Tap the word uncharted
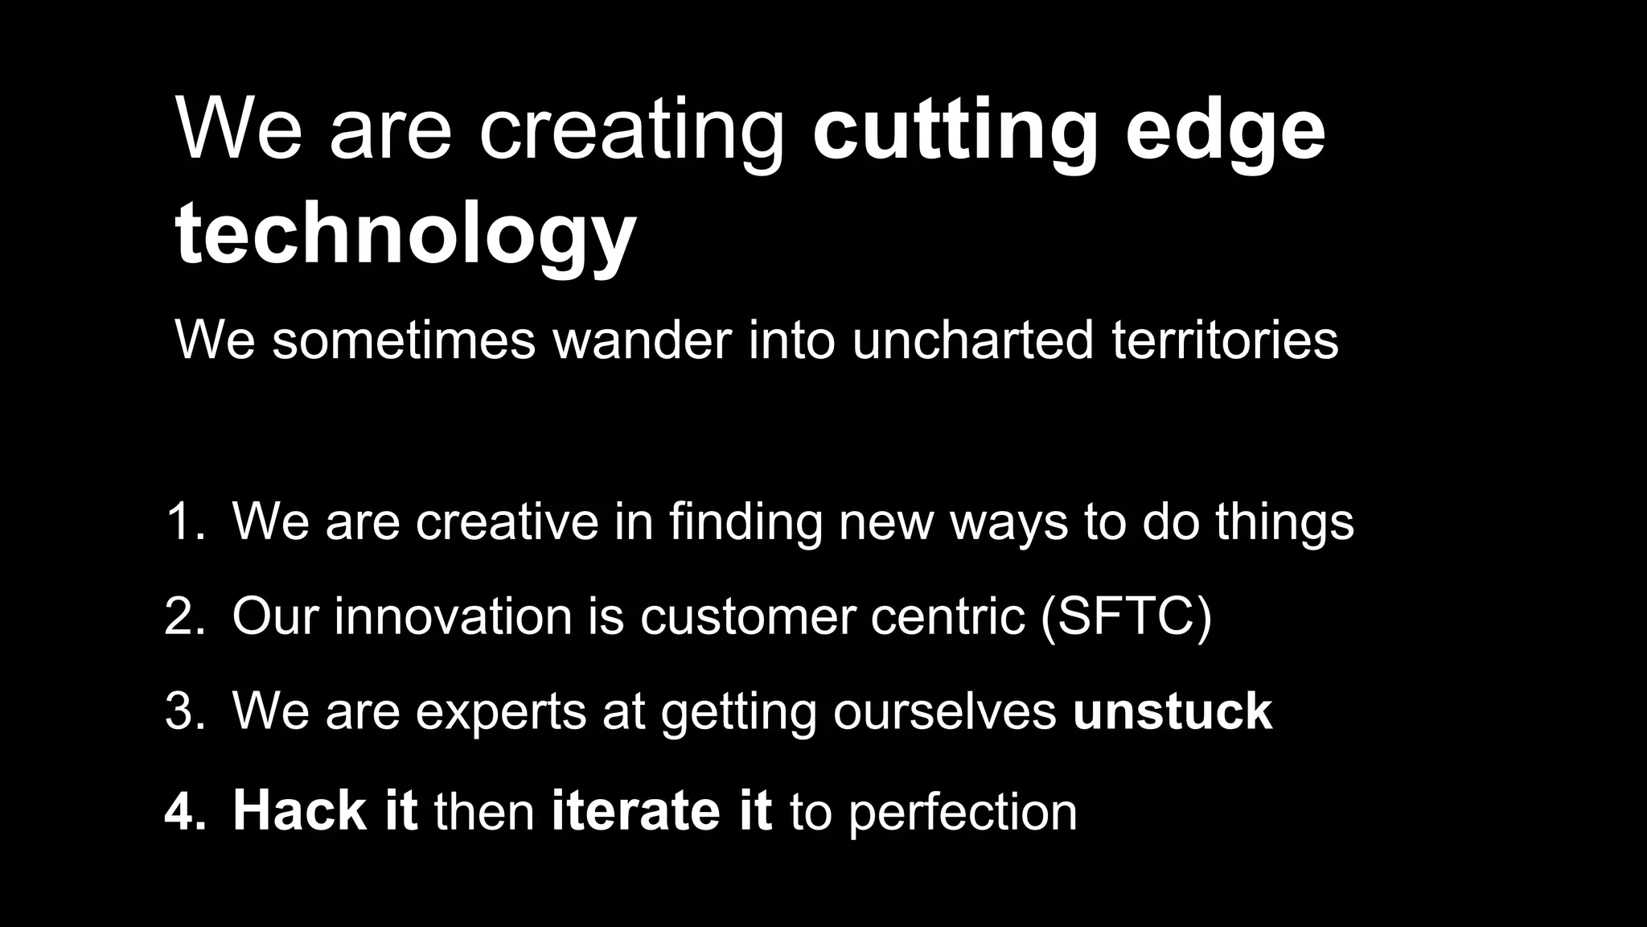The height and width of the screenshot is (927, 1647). pos(972,340)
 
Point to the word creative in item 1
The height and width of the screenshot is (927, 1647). pos(507,521)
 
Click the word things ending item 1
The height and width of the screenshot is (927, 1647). pos(1284,521)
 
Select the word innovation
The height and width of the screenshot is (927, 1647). pos(453,616)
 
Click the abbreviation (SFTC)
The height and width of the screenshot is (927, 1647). pos(1125,616)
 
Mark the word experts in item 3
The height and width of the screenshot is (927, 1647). pos(500,711)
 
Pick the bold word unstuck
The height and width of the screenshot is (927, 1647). pos(1173,711)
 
